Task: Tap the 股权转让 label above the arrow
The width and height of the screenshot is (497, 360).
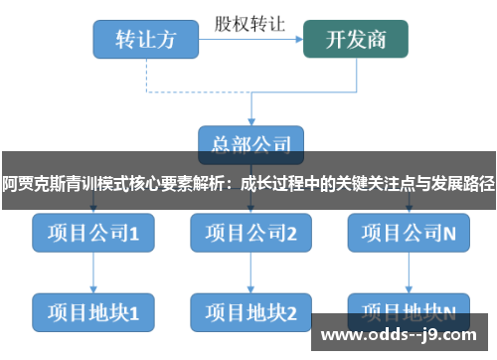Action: (250, 22)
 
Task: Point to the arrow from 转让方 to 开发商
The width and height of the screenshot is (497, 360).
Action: (250, 40)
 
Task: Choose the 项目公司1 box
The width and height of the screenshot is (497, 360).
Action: (92, 235)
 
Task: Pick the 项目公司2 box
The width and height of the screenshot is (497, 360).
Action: (250, 235)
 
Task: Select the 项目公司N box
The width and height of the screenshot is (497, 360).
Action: (409, 235)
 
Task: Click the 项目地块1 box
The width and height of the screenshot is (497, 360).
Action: (92, 312)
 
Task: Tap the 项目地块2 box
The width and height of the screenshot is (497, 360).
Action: (250, 312)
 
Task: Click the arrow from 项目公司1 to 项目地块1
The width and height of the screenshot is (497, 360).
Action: (92, 273)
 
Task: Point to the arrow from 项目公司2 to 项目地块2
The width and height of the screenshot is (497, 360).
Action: (250, 273)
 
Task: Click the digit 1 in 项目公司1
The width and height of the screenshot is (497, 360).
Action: (133, 235)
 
